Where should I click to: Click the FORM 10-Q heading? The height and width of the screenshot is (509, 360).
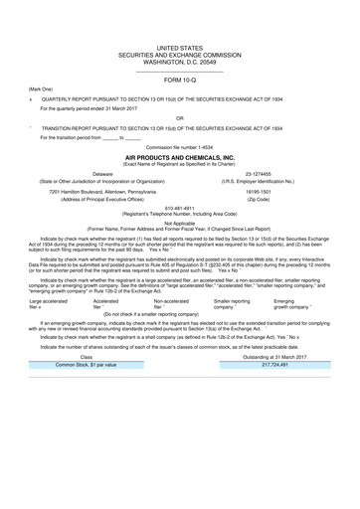pyautogui.click(x=180, y=80)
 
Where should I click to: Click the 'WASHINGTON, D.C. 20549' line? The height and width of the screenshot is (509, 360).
pyautogui.click(x=180, y=60)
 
